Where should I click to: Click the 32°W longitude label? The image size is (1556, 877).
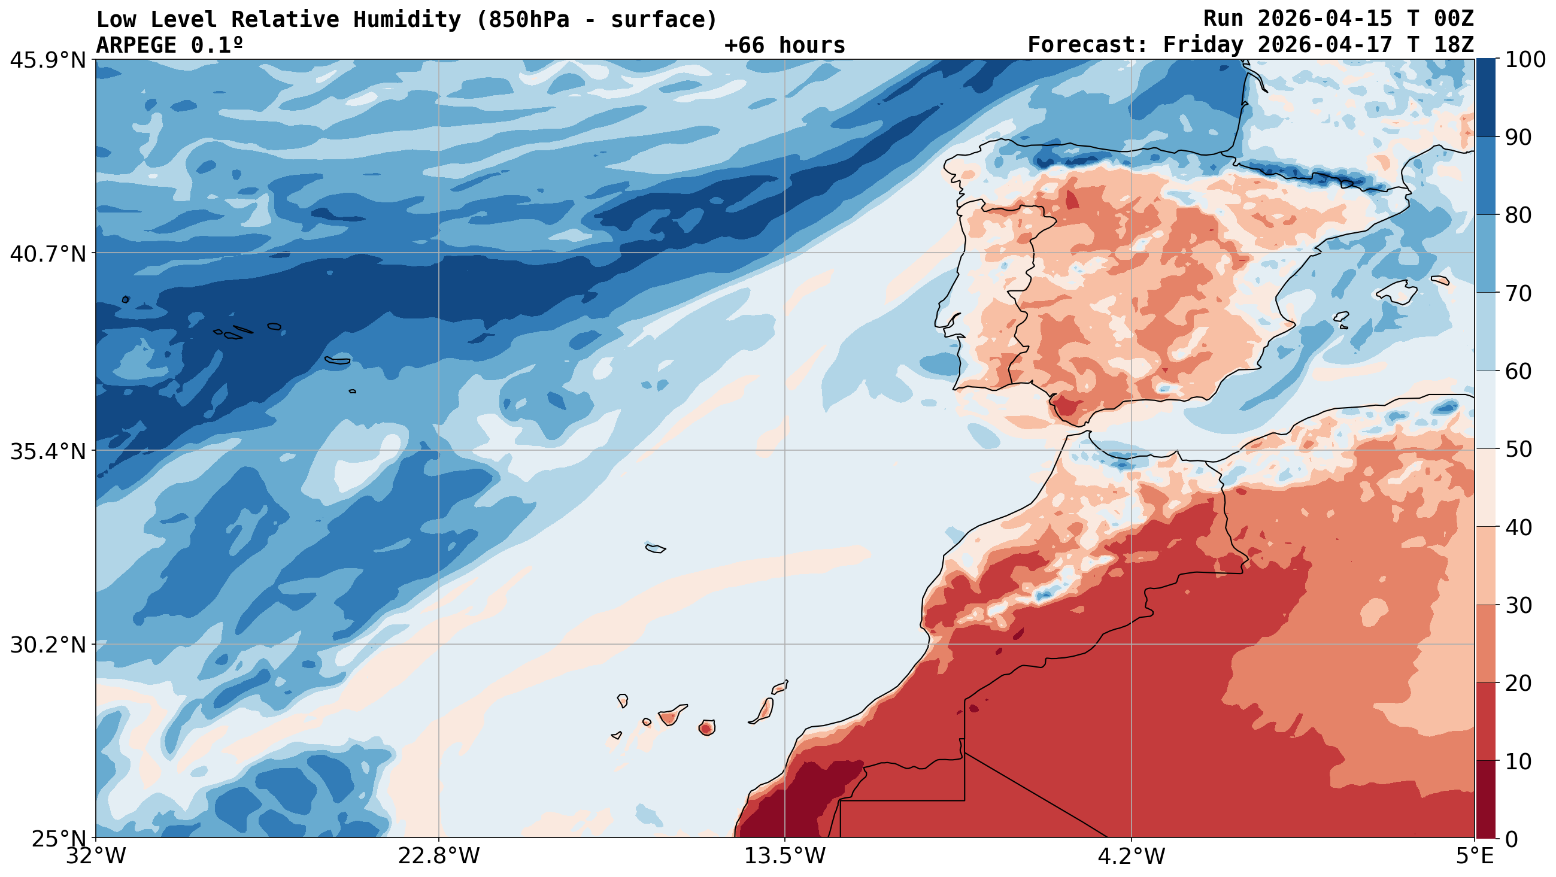click(x=96, y=856)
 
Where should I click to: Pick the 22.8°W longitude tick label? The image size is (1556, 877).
click(x=438, y=856)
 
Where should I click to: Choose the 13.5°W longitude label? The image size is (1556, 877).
click(x=785, y=856)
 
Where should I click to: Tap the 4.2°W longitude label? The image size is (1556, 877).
click(x=1132, y=856)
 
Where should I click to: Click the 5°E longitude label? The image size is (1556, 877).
click(x=1475, y=856)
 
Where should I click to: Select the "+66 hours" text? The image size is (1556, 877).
click(x=785, y=45)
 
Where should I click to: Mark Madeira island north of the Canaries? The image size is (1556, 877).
click(x=656, y=548)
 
